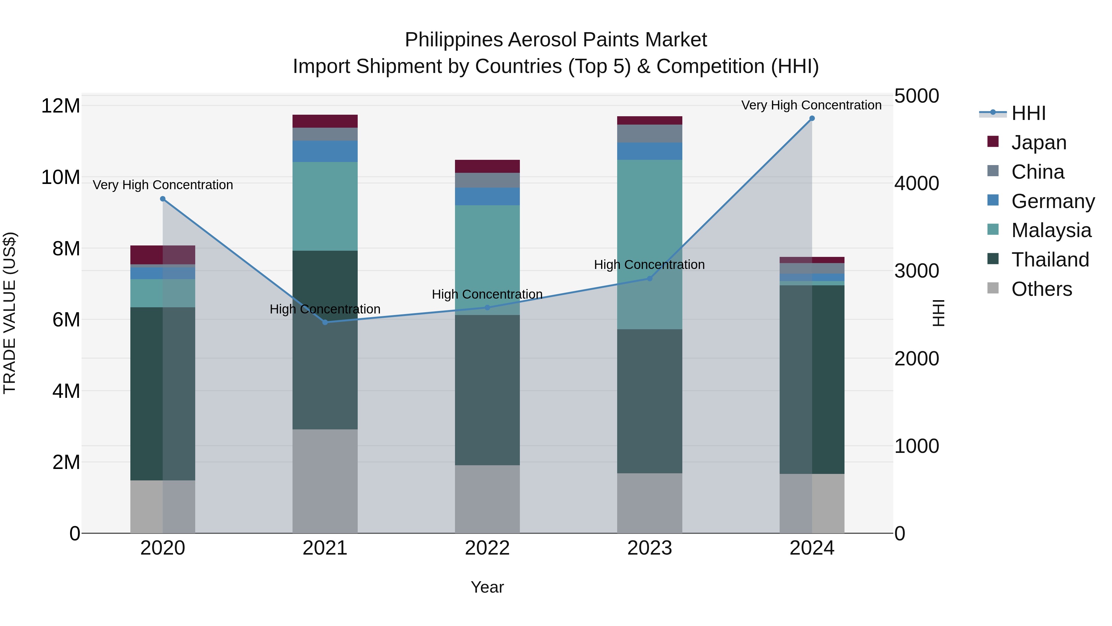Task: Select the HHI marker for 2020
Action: coord(163,199)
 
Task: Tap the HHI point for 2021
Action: coord(325,322)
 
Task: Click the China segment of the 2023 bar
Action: coord(649,134)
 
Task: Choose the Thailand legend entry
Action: coord(1050,260)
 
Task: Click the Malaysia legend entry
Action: coord(1051,230)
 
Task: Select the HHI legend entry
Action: coord(1028,113)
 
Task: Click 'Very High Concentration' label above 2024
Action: coord(811,105)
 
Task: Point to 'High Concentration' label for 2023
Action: coord(649,264)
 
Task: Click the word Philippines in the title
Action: coord(454,40)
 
